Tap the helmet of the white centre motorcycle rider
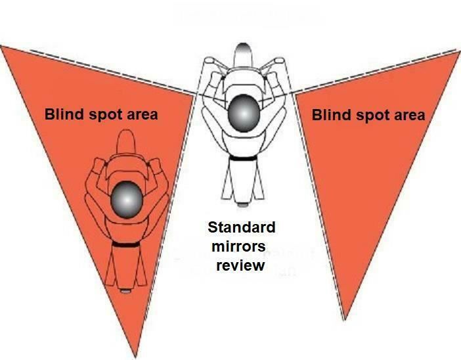(243, 114)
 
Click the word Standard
(241, 228)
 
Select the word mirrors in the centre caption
(241, 246)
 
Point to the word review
(242, 265)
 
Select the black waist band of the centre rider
(243, 160)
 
